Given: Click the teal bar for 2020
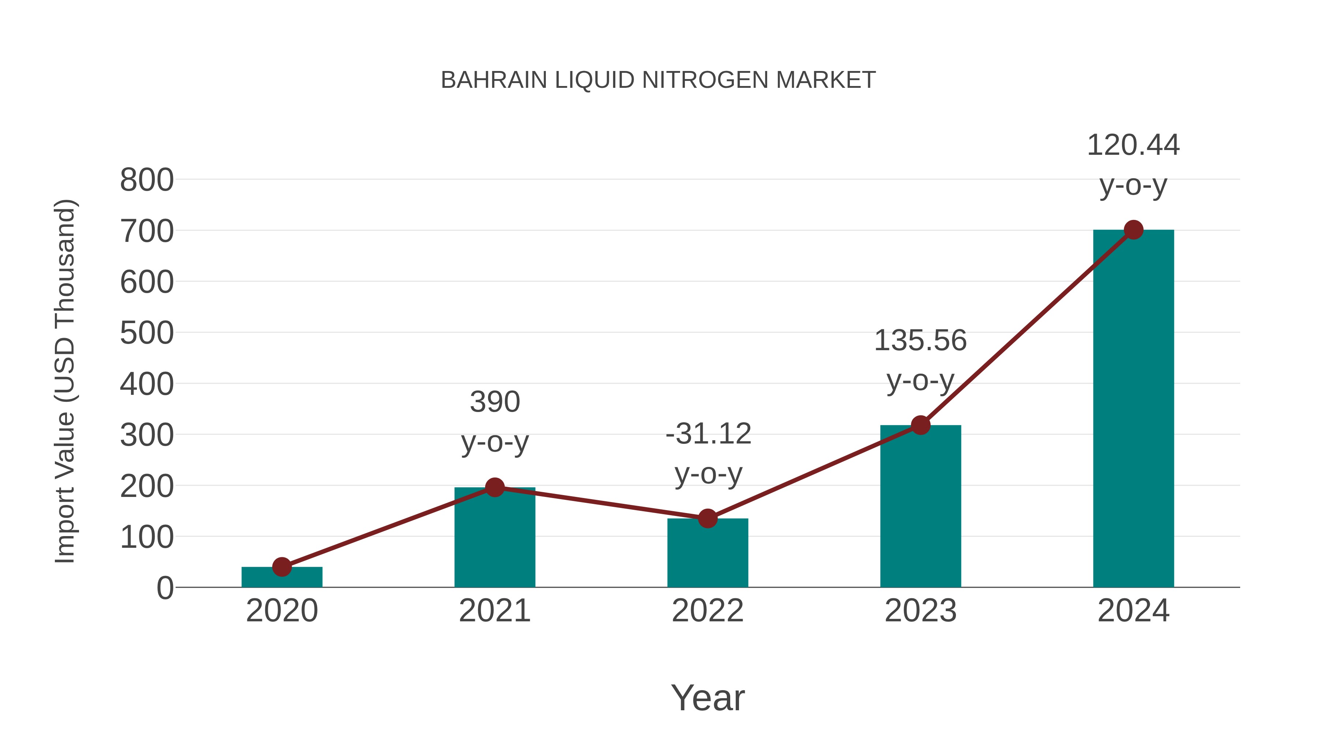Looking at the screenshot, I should (x=282, y=577).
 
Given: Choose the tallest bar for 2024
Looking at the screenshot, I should (x=1133, y=409).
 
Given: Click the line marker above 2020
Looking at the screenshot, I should (x=282, y=566).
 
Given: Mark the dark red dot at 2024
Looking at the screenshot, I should (x=1133, y=230).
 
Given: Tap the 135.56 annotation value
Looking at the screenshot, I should (x=920, y=341).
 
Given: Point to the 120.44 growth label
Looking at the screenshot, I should (x=1133, y=145).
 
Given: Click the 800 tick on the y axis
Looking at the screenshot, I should (x=147, y=180).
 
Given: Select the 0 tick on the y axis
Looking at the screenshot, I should (x=165, y=588).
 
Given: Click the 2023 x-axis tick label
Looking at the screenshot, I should (x=920, y=611).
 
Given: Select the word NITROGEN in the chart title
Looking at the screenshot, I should (x=705, y=80).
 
